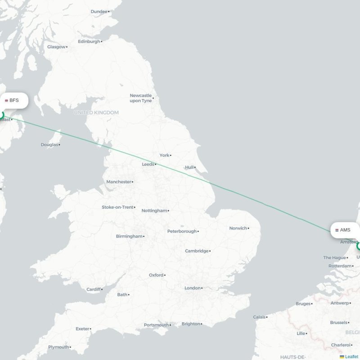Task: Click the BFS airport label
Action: [x=14, y=100]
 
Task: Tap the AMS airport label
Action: [x=345, y=230]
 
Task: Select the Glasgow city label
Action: [x=56, y=47]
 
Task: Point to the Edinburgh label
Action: [x=89, y=41]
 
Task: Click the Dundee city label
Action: [x=99, y=11]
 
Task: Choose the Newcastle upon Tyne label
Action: [x=140, y=98]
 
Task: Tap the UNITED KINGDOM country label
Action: [x=96, y=112]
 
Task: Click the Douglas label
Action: [x=49, y=145]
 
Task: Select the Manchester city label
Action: [x=118, y=182]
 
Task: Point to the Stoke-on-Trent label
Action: [x=117, y=207]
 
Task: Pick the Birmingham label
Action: [x=129, y=236]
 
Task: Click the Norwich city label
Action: [x=238, y=228]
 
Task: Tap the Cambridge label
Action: [x=197, y=251]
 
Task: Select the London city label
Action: [x=192, y=288]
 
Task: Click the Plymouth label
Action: [x=58, y=347]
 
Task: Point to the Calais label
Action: [x=259, y=317]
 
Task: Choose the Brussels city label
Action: [x=338, y=323]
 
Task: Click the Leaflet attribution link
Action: [x=351, y=357]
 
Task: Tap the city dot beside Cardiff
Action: [x=102, y=289]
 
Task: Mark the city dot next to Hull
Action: [x=196, y=167]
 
